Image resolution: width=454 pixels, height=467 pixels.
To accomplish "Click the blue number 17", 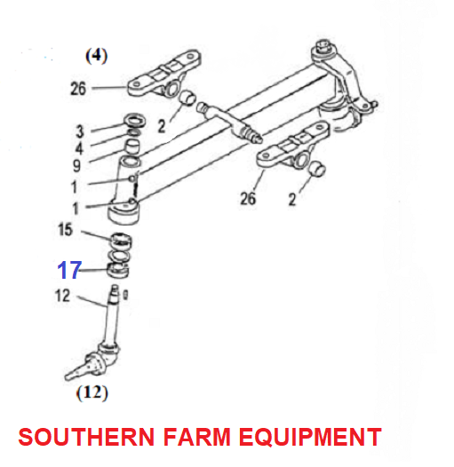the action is click(69, 270).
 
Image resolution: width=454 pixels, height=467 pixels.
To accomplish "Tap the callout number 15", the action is click(65, 230).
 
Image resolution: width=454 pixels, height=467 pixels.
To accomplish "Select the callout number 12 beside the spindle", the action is click(62, 296).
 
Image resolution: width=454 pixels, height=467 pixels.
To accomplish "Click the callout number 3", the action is click(80, 131).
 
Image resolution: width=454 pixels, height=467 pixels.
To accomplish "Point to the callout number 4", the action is click(79, 148).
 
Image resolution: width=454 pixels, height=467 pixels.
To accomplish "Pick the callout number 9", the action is click(77, 166).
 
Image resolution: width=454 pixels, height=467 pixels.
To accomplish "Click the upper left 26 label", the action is click(78, 89).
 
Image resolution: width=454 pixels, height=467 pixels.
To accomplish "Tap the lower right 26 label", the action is click(248, 198).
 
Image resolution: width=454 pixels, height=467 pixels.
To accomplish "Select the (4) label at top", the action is click(97, 56).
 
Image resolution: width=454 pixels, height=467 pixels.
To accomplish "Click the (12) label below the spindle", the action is click(92, 392).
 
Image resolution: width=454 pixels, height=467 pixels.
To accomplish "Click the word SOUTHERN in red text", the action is click(86, 437).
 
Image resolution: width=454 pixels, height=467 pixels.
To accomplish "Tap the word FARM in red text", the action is click(196, 437).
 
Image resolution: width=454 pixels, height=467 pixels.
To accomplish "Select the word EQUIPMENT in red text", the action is click(310, 437).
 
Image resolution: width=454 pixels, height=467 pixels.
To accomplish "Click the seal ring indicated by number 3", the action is click(135, 120).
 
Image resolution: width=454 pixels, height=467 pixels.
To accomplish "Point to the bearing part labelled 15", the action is click(121, 241).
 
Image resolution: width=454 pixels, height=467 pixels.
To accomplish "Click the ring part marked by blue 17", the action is click(118, 270).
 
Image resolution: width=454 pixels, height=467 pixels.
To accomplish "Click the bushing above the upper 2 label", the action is click(187, 99).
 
